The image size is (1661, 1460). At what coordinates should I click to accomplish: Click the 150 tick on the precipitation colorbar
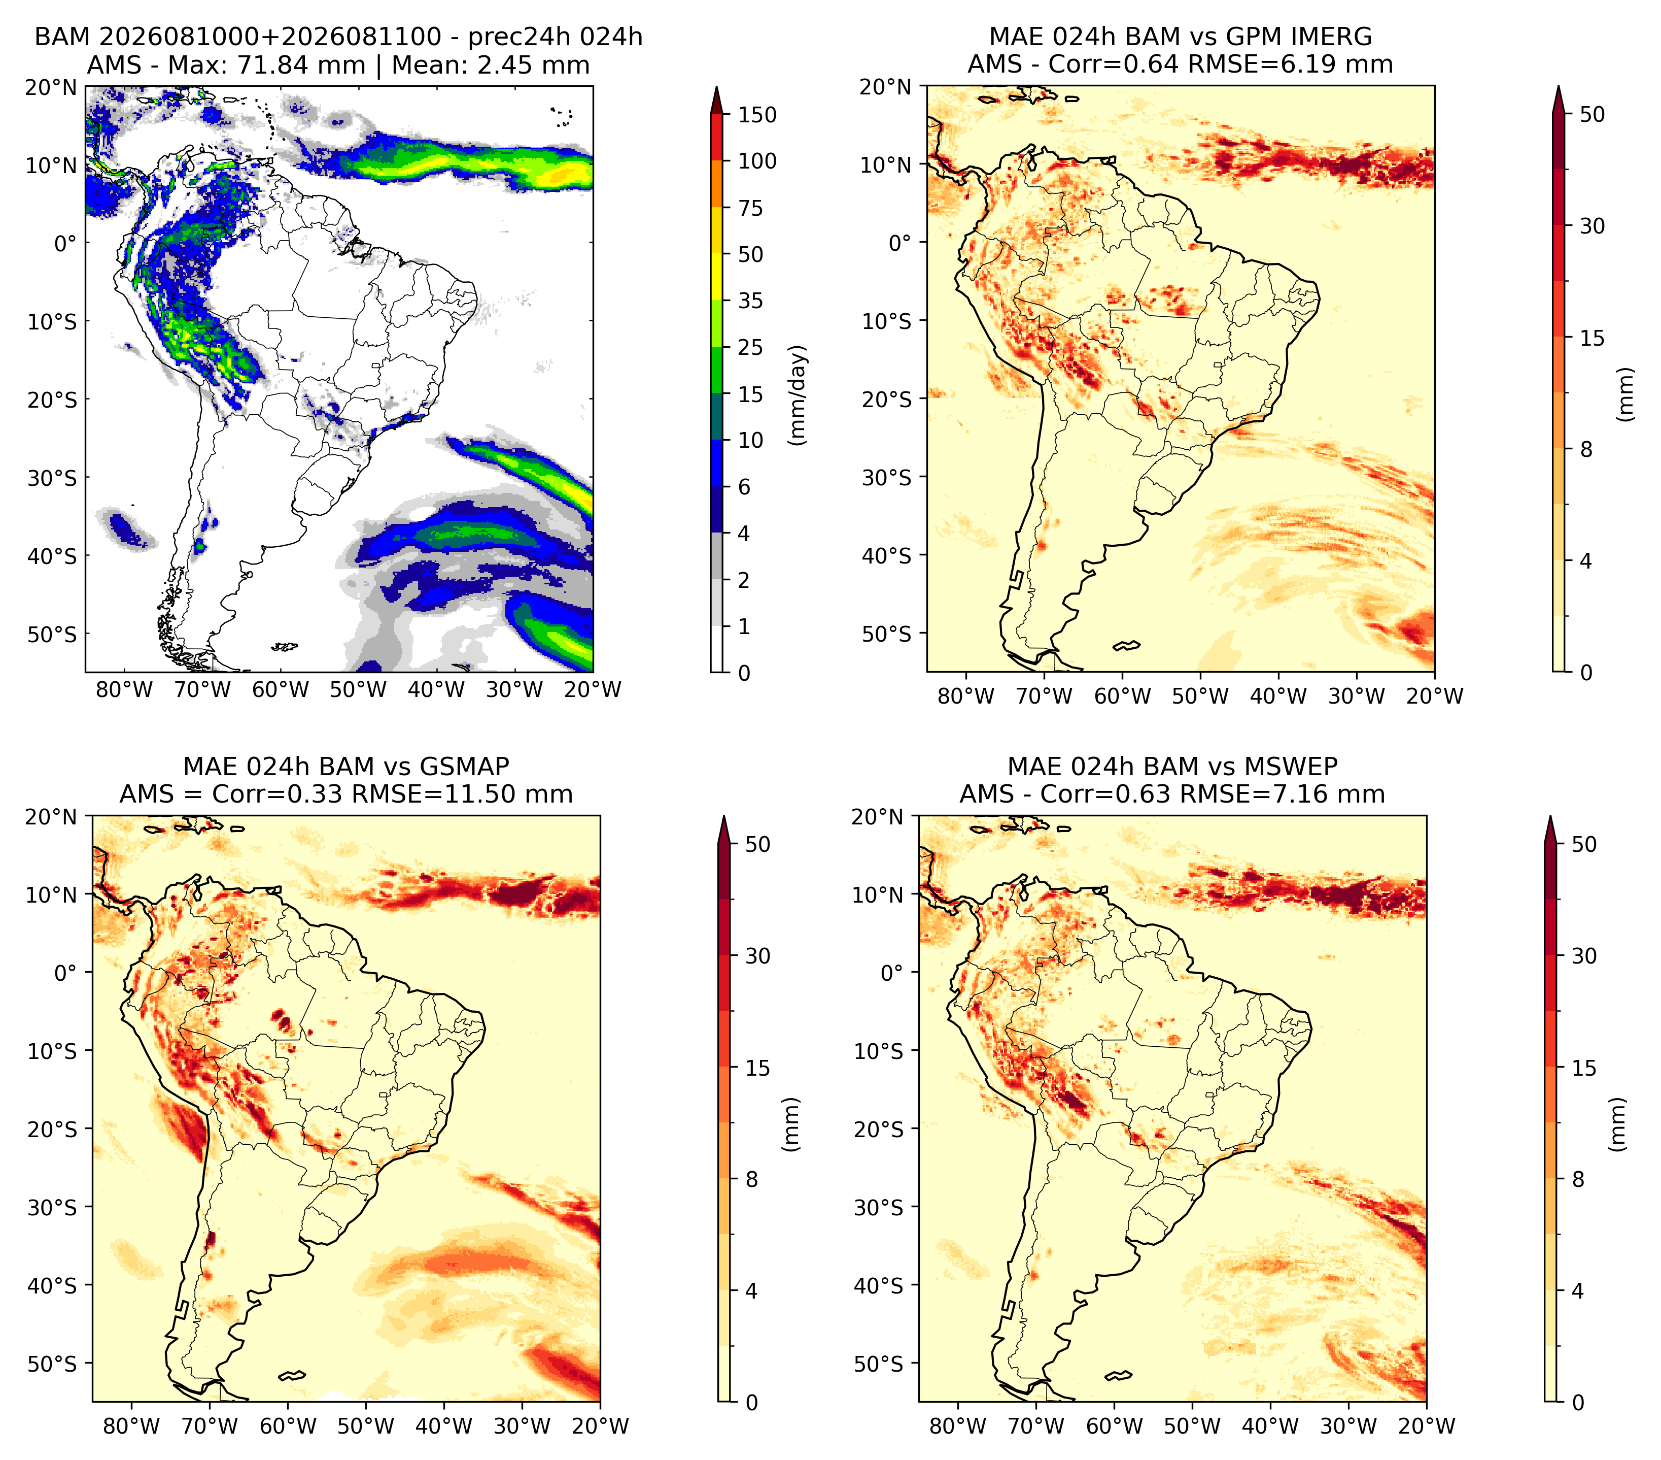(756, 115)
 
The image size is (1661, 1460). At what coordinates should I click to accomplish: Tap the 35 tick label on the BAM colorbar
(750, 301)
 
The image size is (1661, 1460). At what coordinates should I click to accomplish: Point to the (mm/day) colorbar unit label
(799, 394)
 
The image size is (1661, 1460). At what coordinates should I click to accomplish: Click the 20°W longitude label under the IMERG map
(1435, 696)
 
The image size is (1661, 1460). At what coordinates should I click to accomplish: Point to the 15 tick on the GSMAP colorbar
(757, 1068)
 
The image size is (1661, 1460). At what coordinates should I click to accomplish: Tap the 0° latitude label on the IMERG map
(899, 242)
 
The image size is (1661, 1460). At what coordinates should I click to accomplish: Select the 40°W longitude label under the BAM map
(436, 689)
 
